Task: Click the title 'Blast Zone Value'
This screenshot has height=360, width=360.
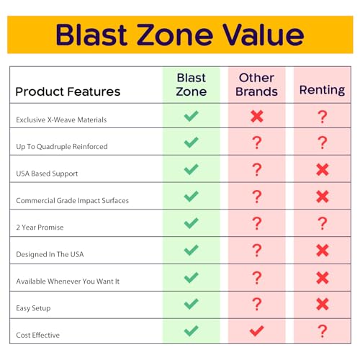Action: tap(180, 34)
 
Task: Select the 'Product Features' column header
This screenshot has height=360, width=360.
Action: tap(68, 91)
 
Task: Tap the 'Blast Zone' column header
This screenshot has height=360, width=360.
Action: tap(191, 84)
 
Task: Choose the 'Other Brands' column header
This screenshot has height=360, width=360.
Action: tap(256, 84)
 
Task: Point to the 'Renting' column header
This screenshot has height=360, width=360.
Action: tap(323, 91)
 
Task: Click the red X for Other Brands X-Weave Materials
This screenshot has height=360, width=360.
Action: tap(256, 116)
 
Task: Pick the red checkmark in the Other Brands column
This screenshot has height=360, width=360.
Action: tap(256, 331)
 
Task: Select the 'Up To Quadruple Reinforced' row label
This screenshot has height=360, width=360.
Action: tap(62, 146)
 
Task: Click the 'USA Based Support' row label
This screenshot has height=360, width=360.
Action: tap(47, 174)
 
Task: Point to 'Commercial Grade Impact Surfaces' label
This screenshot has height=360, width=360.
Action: tap(72, 200)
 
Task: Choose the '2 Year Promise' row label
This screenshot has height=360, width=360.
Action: tap(40, 228)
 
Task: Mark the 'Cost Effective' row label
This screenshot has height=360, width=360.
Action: tap(38, 336)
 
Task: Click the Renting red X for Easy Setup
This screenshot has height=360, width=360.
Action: tap(323, 305)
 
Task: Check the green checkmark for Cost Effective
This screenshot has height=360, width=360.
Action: tap(191, 331)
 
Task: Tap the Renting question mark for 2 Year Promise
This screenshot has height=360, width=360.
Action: tap(323, 223)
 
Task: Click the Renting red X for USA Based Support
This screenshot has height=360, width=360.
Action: tap(323, 170)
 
